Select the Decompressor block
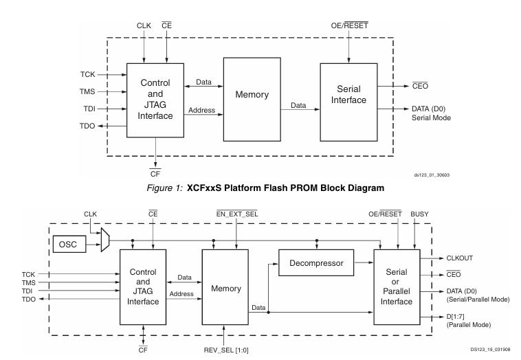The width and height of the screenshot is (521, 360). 316,262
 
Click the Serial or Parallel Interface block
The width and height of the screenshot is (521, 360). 402,287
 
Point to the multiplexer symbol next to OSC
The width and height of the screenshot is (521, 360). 104,241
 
